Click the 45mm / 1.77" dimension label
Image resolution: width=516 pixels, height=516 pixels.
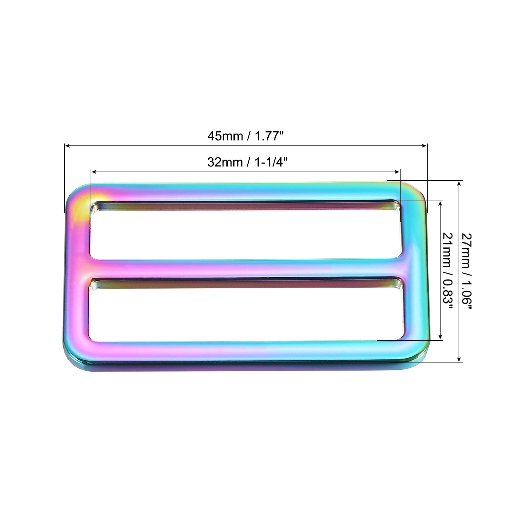click(x=245, y=136)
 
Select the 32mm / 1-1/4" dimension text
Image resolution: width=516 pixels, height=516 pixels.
click(x=247, y=162)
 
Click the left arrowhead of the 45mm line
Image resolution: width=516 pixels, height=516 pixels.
click(x=67, y=146)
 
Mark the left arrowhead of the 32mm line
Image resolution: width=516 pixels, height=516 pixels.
click(x=94, y=172)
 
